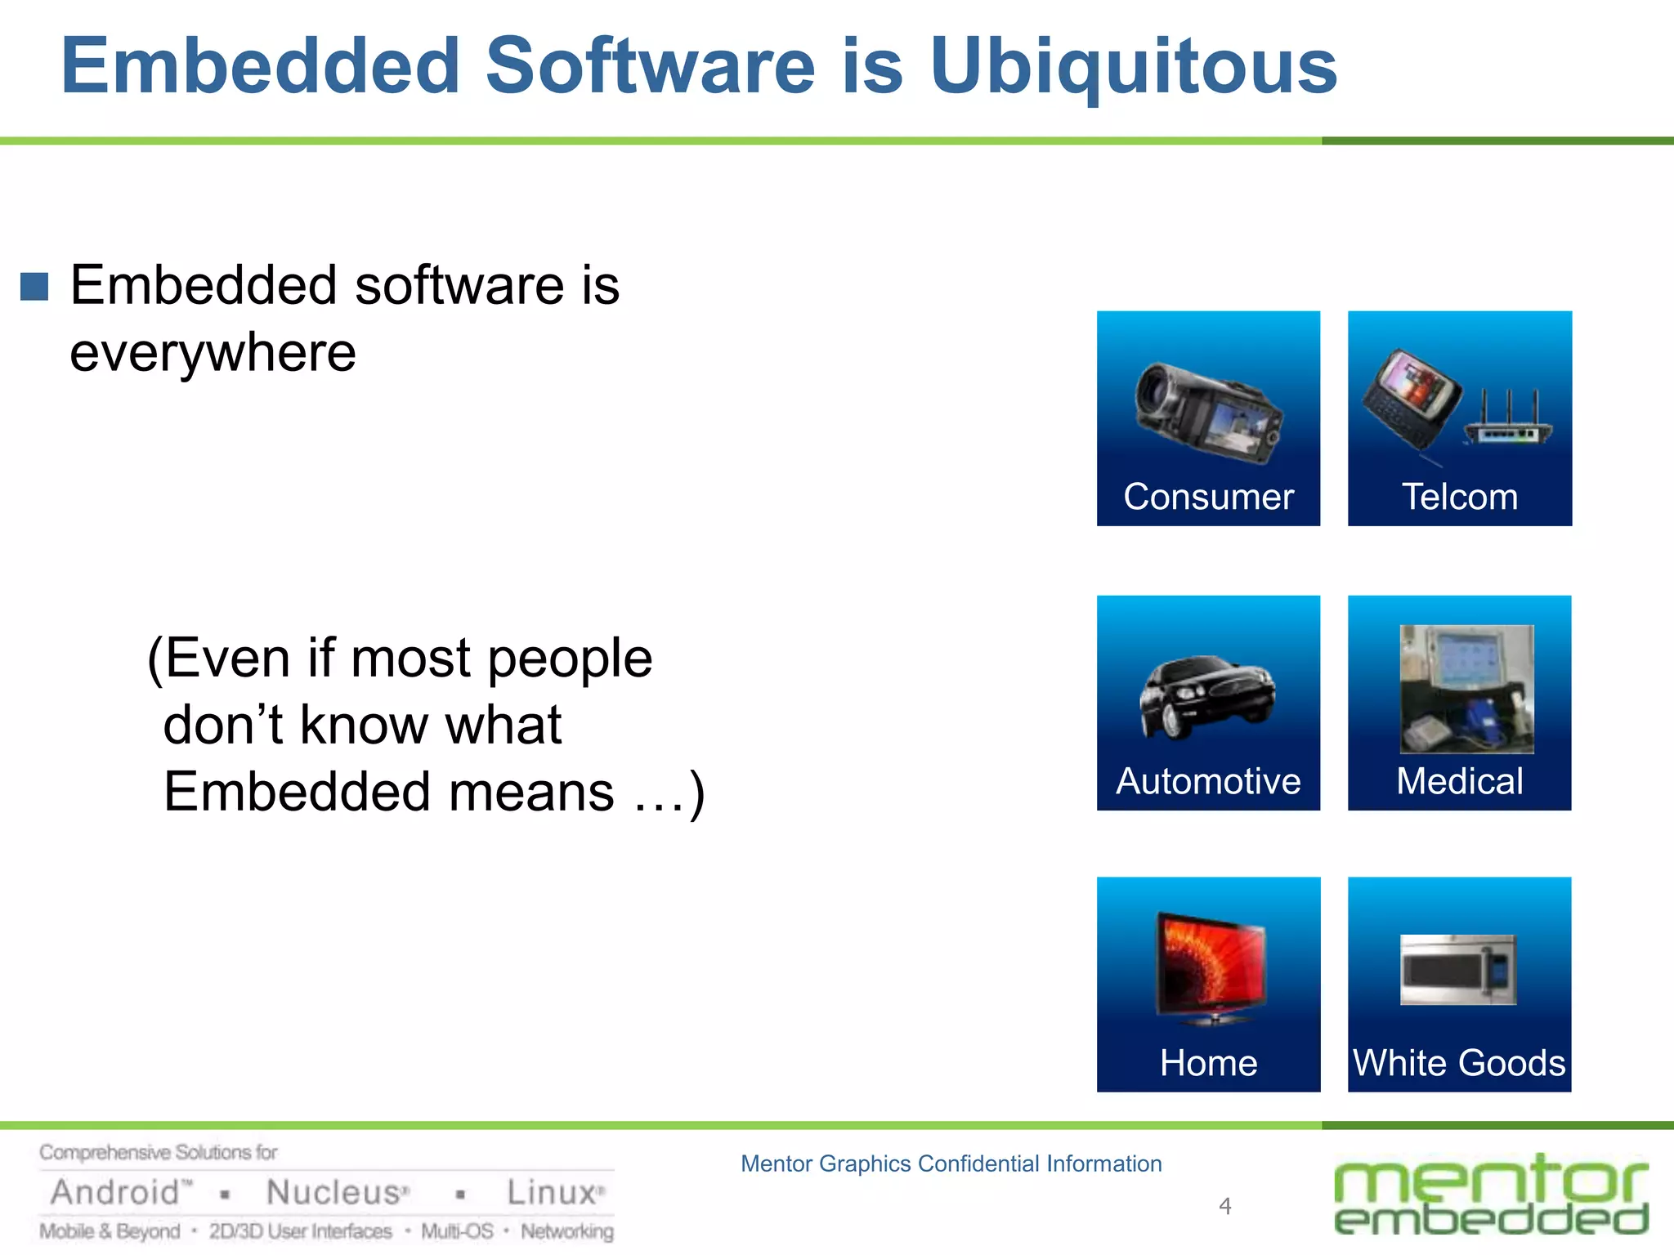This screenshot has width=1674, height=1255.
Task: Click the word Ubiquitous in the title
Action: click(1133, 67)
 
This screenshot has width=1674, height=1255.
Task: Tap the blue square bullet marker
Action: click(34, 287)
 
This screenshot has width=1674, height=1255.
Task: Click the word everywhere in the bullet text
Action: click(213, 353)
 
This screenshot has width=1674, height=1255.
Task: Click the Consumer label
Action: click(1208, 497)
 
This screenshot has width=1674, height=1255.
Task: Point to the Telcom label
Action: click(1460, 497)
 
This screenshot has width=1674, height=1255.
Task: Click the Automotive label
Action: click(1208, 781)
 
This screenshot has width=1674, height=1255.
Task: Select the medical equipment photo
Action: click(1466, 689)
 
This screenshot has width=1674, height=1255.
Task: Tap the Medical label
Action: click(1460, 781)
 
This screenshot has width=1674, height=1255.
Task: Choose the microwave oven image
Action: click(1458, 970)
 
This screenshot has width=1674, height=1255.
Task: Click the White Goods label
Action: click(1460, 1063)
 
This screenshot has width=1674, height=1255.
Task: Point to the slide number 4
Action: click(1224, 1206)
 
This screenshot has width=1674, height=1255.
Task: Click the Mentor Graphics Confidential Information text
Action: click(951, 1163)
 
